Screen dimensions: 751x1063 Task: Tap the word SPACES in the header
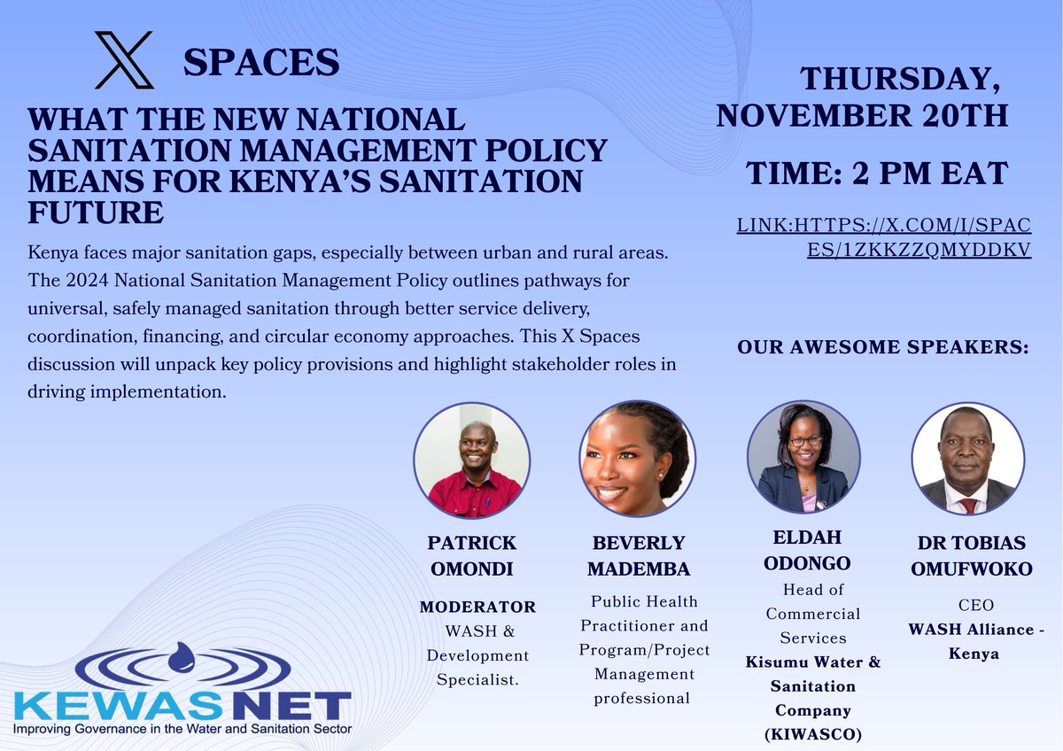261,63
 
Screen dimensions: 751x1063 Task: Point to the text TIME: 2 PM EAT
878,174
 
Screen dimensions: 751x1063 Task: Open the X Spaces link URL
883,238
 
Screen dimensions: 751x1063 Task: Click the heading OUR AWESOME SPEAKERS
883,348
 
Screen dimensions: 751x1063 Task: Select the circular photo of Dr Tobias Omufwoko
967,458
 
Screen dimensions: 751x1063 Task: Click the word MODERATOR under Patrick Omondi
477,608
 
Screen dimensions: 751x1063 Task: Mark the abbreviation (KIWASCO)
813,733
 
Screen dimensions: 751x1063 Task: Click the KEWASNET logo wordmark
182,707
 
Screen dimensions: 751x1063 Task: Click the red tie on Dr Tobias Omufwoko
968,506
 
